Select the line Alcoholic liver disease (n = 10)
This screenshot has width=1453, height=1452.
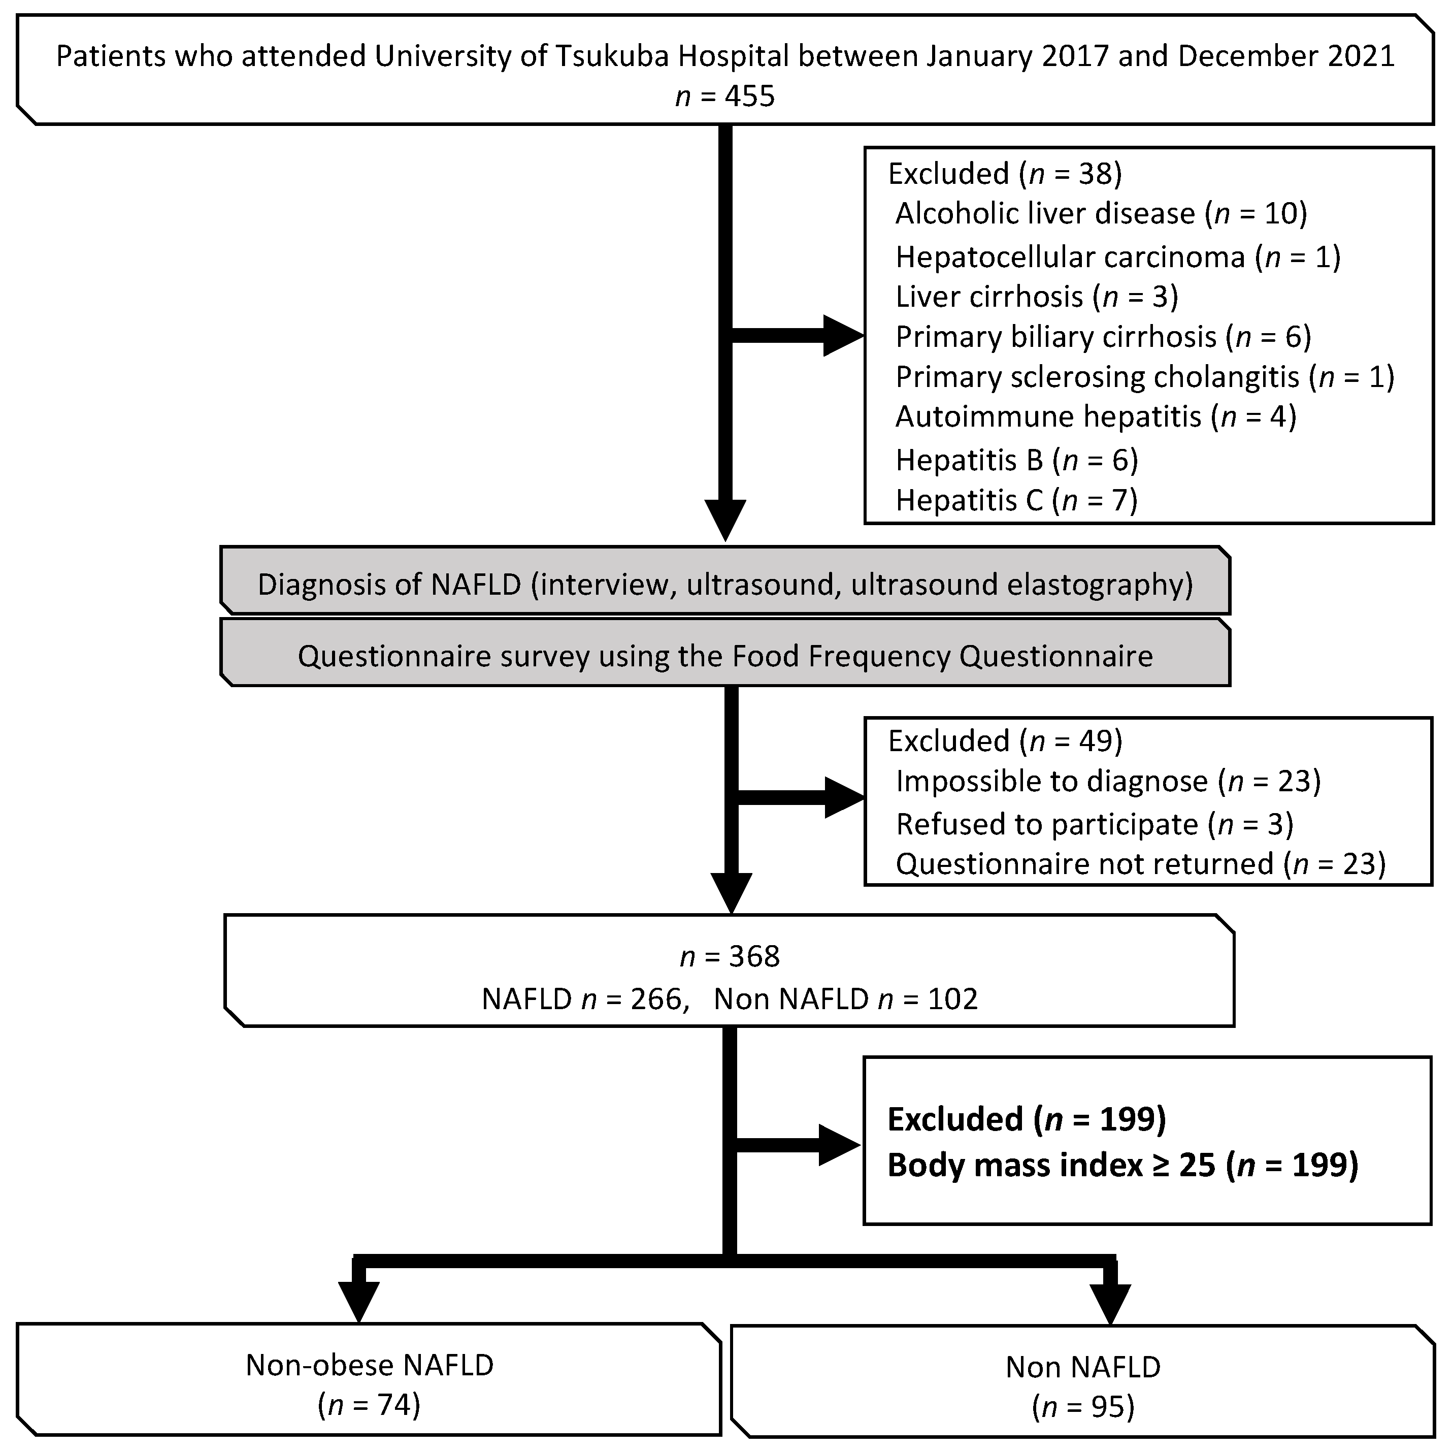tap(1100, 214)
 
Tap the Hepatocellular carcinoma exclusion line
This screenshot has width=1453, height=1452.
tap(1117, 257)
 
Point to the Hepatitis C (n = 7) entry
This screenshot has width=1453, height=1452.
tap(1015, 500)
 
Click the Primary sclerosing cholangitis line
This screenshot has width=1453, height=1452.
tap(1144, 376)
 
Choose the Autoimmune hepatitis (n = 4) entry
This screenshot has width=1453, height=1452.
tap(1095, 416)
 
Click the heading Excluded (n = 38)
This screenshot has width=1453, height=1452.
tap(1004, 174)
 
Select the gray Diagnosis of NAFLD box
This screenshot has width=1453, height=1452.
tap(724, 585)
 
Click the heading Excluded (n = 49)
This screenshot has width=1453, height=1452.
tap(1004, 741)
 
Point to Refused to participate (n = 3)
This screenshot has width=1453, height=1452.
tap(1094, 824)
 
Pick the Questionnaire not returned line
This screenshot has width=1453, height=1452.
tap(1139, 864)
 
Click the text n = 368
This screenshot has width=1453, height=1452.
tap(730, 956)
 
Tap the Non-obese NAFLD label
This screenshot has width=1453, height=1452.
tap(369, 1365)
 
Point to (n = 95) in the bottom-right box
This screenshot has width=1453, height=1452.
tap(1082, 1406)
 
